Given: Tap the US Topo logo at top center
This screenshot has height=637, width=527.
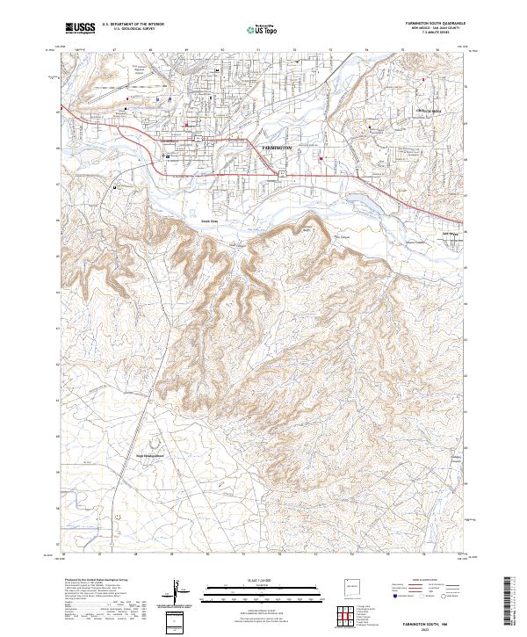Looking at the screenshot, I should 263,29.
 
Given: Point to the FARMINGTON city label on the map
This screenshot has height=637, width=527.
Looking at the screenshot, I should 282,148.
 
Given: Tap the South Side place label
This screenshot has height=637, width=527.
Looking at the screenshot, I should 209,221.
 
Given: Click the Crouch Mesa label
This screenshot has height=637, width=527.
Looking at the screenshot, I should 429,111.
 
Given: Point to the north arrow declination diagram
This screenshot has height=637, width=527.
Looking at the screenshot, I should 177,592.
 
